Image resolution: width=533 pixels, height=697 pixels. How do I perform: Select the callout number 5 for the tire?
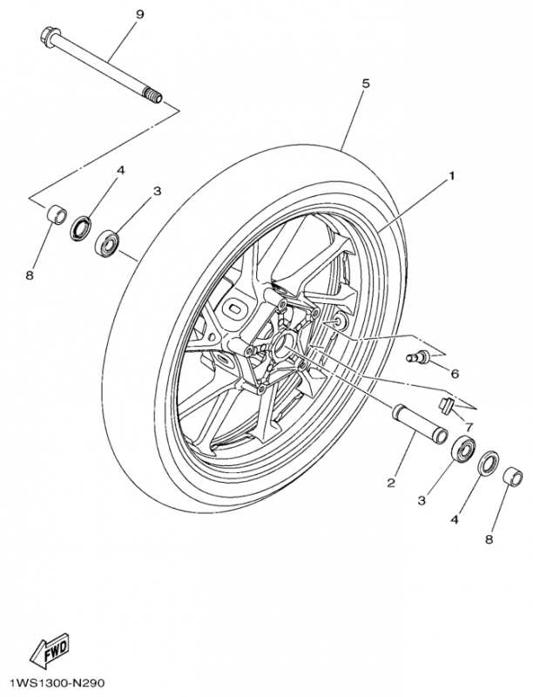366,84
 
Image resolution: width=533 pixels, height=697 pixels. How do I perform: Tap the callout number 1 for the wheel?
452,176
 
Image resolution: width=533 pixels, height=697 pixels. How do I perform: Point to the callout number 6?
455,373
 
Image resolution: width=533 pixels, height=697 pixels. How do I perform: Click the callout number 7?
468,427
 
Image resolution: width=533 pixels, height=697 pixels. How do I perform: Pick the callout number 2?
392,482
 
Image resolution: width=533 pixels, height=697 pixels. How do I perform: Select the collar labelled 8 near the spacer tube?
515,478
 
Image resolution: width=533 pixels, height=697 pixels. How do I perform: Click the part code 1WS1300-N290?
57,684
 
